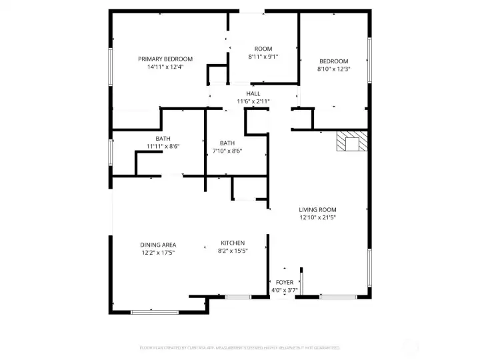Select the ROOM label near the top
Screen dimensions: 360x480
[263, 49]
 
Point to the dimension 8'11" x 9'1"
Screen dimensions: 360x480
[263, 57]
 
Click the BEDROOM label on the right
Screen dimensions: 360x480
[333, 61]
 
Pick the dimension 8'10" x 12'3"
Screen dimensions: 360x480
[333, 69]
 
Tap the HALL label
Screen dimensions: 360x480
[253, 93]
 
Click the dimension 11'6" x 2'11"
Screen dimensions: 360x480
[253, 101]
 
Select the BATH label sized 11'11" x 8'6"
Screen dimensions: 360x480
[163, 139]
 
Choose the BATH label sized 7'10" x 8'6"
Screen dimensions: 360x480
[227, 143]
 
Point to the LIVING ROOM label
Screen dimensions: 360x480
[317, 209]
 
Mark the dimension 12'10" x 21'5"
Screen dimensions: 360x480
[317, 217]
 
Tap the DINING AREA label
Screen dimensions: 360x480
[158, 245]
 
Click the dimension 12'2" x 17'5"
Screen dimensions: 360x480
[158, 253]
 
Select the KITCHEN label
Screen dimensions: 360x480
[233, 243]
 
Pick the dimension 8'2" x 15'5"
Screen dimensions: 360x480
[233, 251]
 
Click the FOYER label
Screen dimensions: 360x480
[285, 282]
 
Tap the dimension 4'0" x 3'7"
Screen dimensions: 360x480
[285, 290]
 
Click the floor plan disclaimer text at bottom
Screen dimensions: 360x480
[239, 348]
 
